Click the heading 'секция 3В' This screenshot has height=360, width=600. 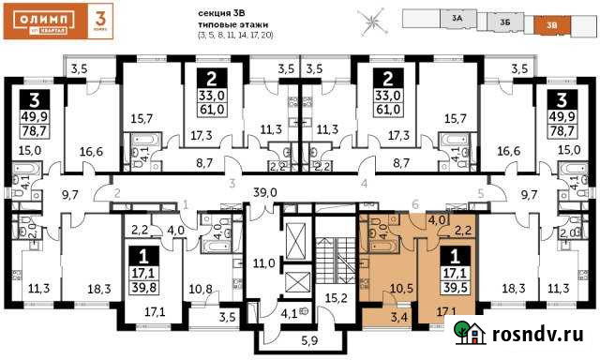(x=222, y=12)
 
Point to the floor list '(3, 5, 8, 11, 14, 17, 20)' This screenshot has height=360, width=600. (x=234, y=35)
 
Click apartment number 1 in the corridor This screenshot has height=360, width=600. (x=186, y=203)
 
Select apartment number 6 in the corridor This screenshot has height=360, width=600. (x=415, y=203)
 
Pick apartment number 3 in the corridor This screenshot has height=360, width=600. (x=231, y=186)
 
